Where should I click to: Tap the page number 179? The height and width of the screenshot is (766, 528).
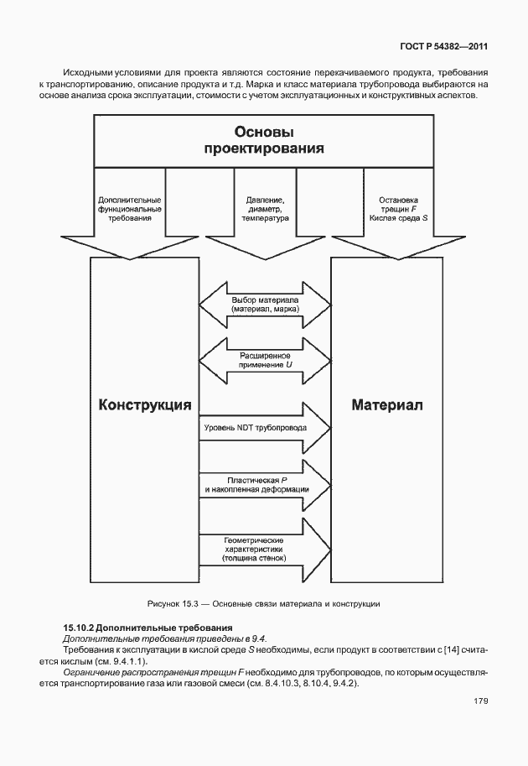click(x=479, y=701)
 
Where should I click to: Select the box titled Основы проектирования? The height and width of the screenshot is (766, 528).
click(x=264, y=140)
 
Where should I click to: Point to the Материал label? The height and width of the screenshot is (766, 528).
click(x=387, y=405)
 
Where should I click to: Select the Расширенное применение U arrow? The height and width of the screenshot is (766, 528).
click(x=265, y=361)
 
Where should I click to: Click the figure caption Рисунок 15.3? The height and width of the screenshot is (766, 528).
click(x=264, y=603)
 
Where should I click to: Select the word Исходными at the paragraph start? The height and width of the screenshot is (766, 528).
click(x=90, y=73)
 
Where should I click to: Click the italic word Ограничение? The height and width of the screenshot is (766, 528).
click(x=92, y=673)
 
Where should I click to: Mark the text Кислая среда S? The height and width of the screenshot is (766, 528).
click(x=398, y=218)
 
